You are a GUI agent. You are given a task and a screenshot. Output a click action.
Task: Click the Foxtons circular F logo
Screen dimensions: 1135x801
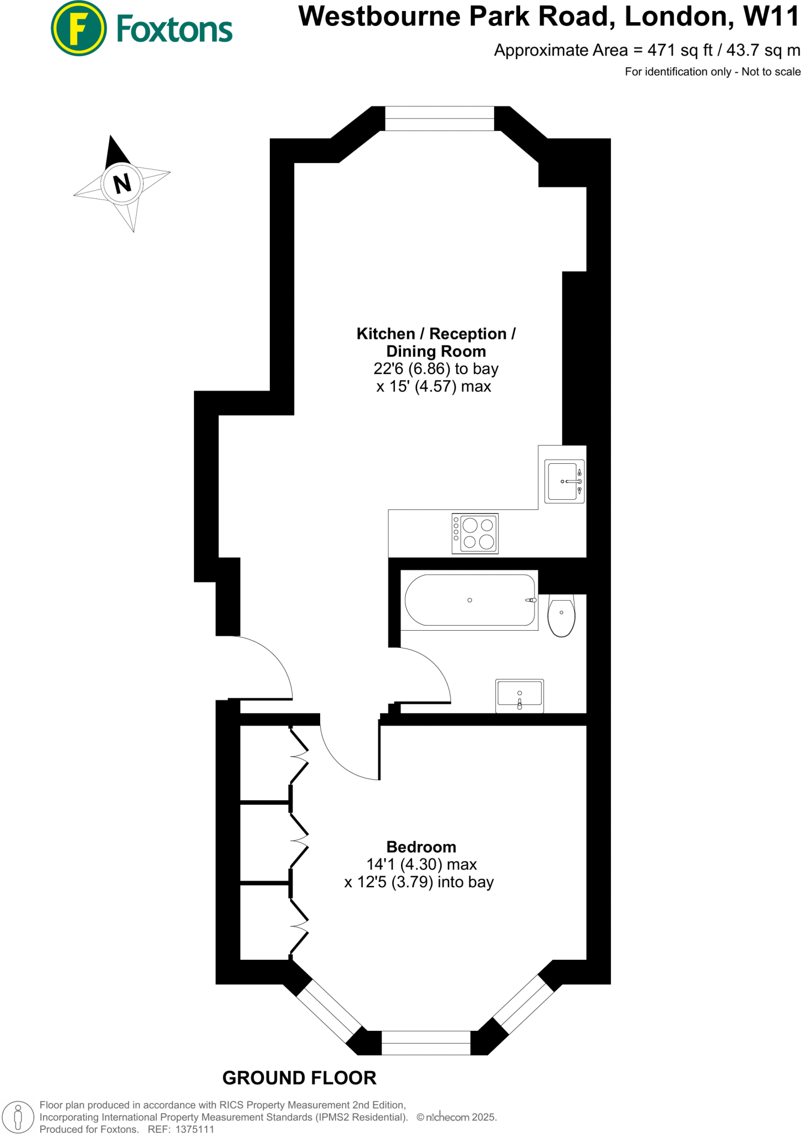79,29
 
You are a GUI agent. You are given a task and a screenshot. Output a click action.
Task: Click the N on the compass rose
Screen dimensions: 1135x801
122,183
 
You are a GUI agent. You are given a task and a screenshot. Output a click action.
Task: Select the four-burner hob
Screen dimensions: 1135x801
475,533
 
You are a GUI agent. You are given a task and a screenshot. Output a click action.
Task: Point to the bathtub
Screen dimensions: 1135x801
470,600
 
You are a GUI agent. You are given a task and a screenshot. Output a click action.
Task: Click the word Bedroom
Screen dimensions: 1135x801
421,847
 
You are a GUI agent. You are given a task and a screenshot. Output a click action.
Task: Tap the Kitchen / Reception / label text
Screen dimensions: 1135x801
436,334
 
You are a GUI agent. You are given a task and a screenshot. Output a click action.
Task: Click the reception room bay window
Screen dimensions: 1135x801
439,118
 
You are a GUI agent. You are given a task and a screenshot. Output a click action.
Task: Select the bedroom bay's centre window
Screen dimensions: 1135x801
425,1043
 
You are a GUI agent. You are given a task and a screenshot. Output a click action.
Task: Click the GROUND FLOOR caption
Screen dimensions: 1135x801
299,1078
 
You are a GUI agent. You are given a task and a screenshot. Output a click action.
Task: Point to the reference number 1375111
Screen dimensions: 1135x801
194,1129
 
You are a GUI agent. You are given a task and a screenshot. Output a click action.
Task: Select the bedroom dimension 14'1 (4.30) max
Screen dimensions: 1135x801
422,865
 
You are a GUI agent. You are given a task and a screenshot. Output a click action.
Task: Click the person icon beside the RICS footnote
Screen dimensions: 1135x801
18,1117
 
